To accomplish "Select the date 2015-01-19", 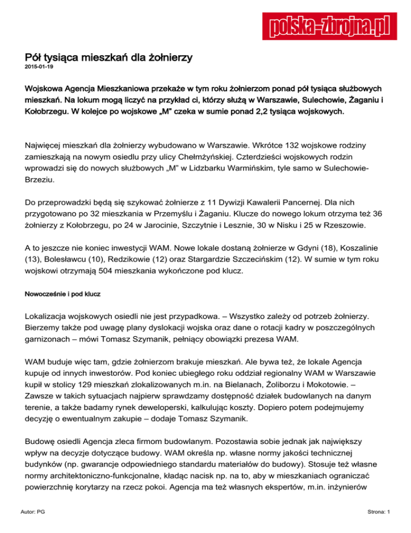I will (x=39, y=69).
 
